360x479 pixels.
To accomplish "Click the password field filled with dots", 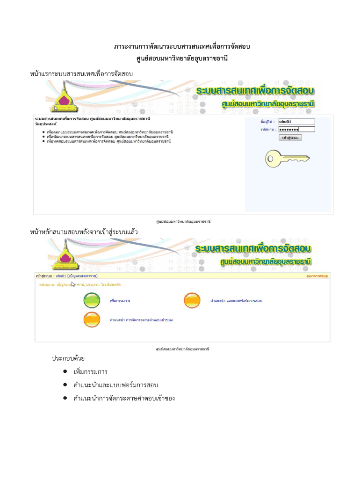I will click(x=296, y=130).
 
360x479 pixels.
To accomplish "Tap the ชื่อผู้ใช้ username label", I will click(x=267, y=122).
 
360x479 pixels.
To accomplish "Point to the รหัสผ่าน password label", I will click(x=268, y=130).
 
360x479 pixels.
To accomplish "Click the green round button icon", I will click(x=92, y=300).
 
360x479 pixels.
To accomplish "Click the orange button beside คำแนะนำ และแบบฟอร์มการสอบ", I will click(x=192, y=300).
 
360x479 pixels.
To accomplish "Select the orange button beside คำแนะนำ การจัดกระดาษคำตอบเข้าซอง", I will click(x=92, y=320).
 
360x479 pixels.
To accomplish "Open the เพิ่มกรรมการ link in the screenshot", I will click(x=120, y=300).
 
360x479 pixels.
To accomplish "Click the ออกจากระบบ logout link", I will click(x=317, y=276).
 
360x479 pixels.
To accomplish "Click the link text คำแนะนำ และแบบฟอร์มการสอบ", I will click(x=236, y=300).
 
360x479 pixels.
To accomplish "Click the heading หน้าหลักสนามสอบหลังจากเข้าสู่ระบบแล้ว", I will click(x=84, y=232).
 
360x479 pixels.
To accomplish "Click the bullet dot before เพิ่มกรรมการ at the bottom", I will click(x=64, y=372).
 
